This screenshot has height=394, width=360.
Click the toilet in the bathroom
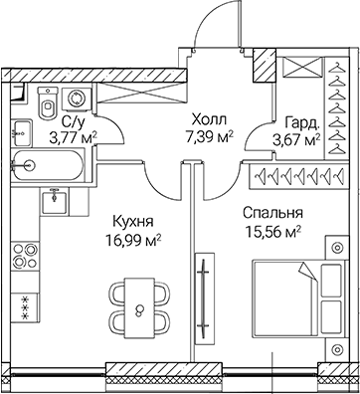(46, 102)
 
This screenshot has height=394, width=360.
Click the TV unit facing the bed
(203, 294)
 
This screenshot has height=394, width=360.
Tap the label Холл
(205, 116)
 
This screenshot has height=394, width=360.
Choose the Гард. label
(302, 124)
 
